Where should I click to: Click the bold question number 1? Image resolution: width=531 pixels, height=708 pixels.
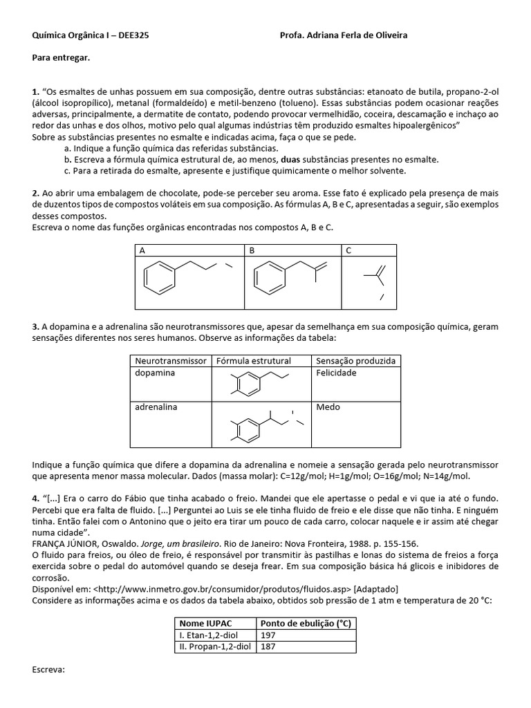36,91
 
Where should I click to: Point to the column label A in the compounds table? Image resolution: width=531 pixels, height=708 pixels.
142,250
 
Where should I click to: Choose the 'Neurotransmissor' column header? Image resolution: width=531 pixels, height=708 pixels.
170,361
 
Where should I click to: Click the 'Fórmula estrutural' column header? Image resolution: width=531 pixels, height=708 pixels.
254,361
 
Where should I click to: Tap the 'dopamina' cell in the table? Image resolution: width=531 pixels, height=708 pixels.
155,373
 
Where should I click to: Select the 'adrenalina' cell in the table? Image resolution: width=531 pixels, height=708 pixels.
156,407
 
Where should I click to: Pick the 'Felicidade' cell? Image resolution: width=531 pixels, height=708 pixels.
336,373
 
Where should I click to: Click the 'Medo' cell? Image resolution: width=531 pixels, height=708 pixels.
328,407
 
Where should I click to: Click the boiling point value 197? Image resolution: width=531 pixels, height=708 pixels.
268,635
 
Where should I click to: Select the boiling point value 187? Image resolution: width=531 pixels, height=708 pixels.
268,646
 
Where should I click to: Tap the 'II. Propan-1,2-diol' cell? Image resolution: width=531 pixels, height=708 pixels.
215,646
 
